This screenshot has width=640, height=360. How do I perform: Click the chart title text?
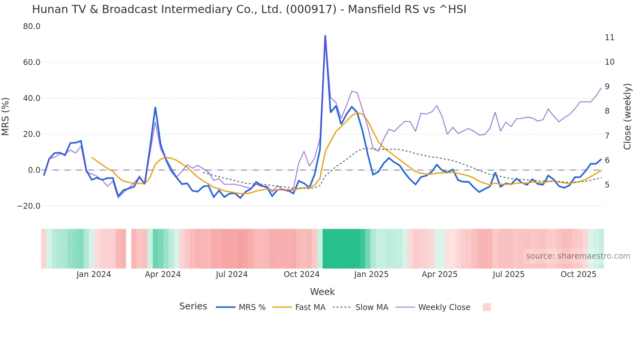(249, 9)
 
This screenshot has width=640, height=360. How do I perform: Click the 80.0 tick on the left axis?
(32, 26)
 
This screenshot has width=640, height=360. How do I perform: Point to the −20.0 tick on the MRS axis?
(29, 206)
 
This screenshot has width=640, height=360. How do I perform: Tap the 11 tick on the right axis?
(609, 38)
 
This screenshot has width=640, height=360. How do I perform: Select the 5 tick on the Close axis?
(607, 185)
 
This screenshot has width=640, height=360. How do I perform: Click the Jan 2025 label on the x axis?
(371, 274)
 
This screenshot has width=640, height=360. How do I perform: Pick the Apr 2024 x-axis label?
(163, 274)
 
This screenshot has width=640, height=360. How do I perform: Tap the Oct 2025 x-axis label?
(578, 274)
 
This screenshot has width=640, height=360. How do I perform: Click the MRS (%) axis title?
(6, 117)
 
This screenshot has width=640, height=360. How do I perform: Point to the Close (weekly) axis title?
(627, 117)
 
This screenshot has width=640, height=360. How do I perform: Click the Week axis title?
(322, 292)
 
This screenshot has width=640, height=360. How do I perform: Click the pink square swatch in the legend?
(487, 307)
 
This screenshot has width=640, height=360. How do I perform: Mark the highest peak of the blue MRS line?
(325, 36)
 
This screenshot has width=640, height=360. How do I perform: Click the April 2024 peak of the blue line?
(155, 107)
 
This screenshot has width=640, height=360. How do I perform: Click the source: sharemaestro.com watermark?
(578, 256)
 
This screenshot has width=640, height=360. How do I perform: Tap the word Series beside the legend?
(193, 306)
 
